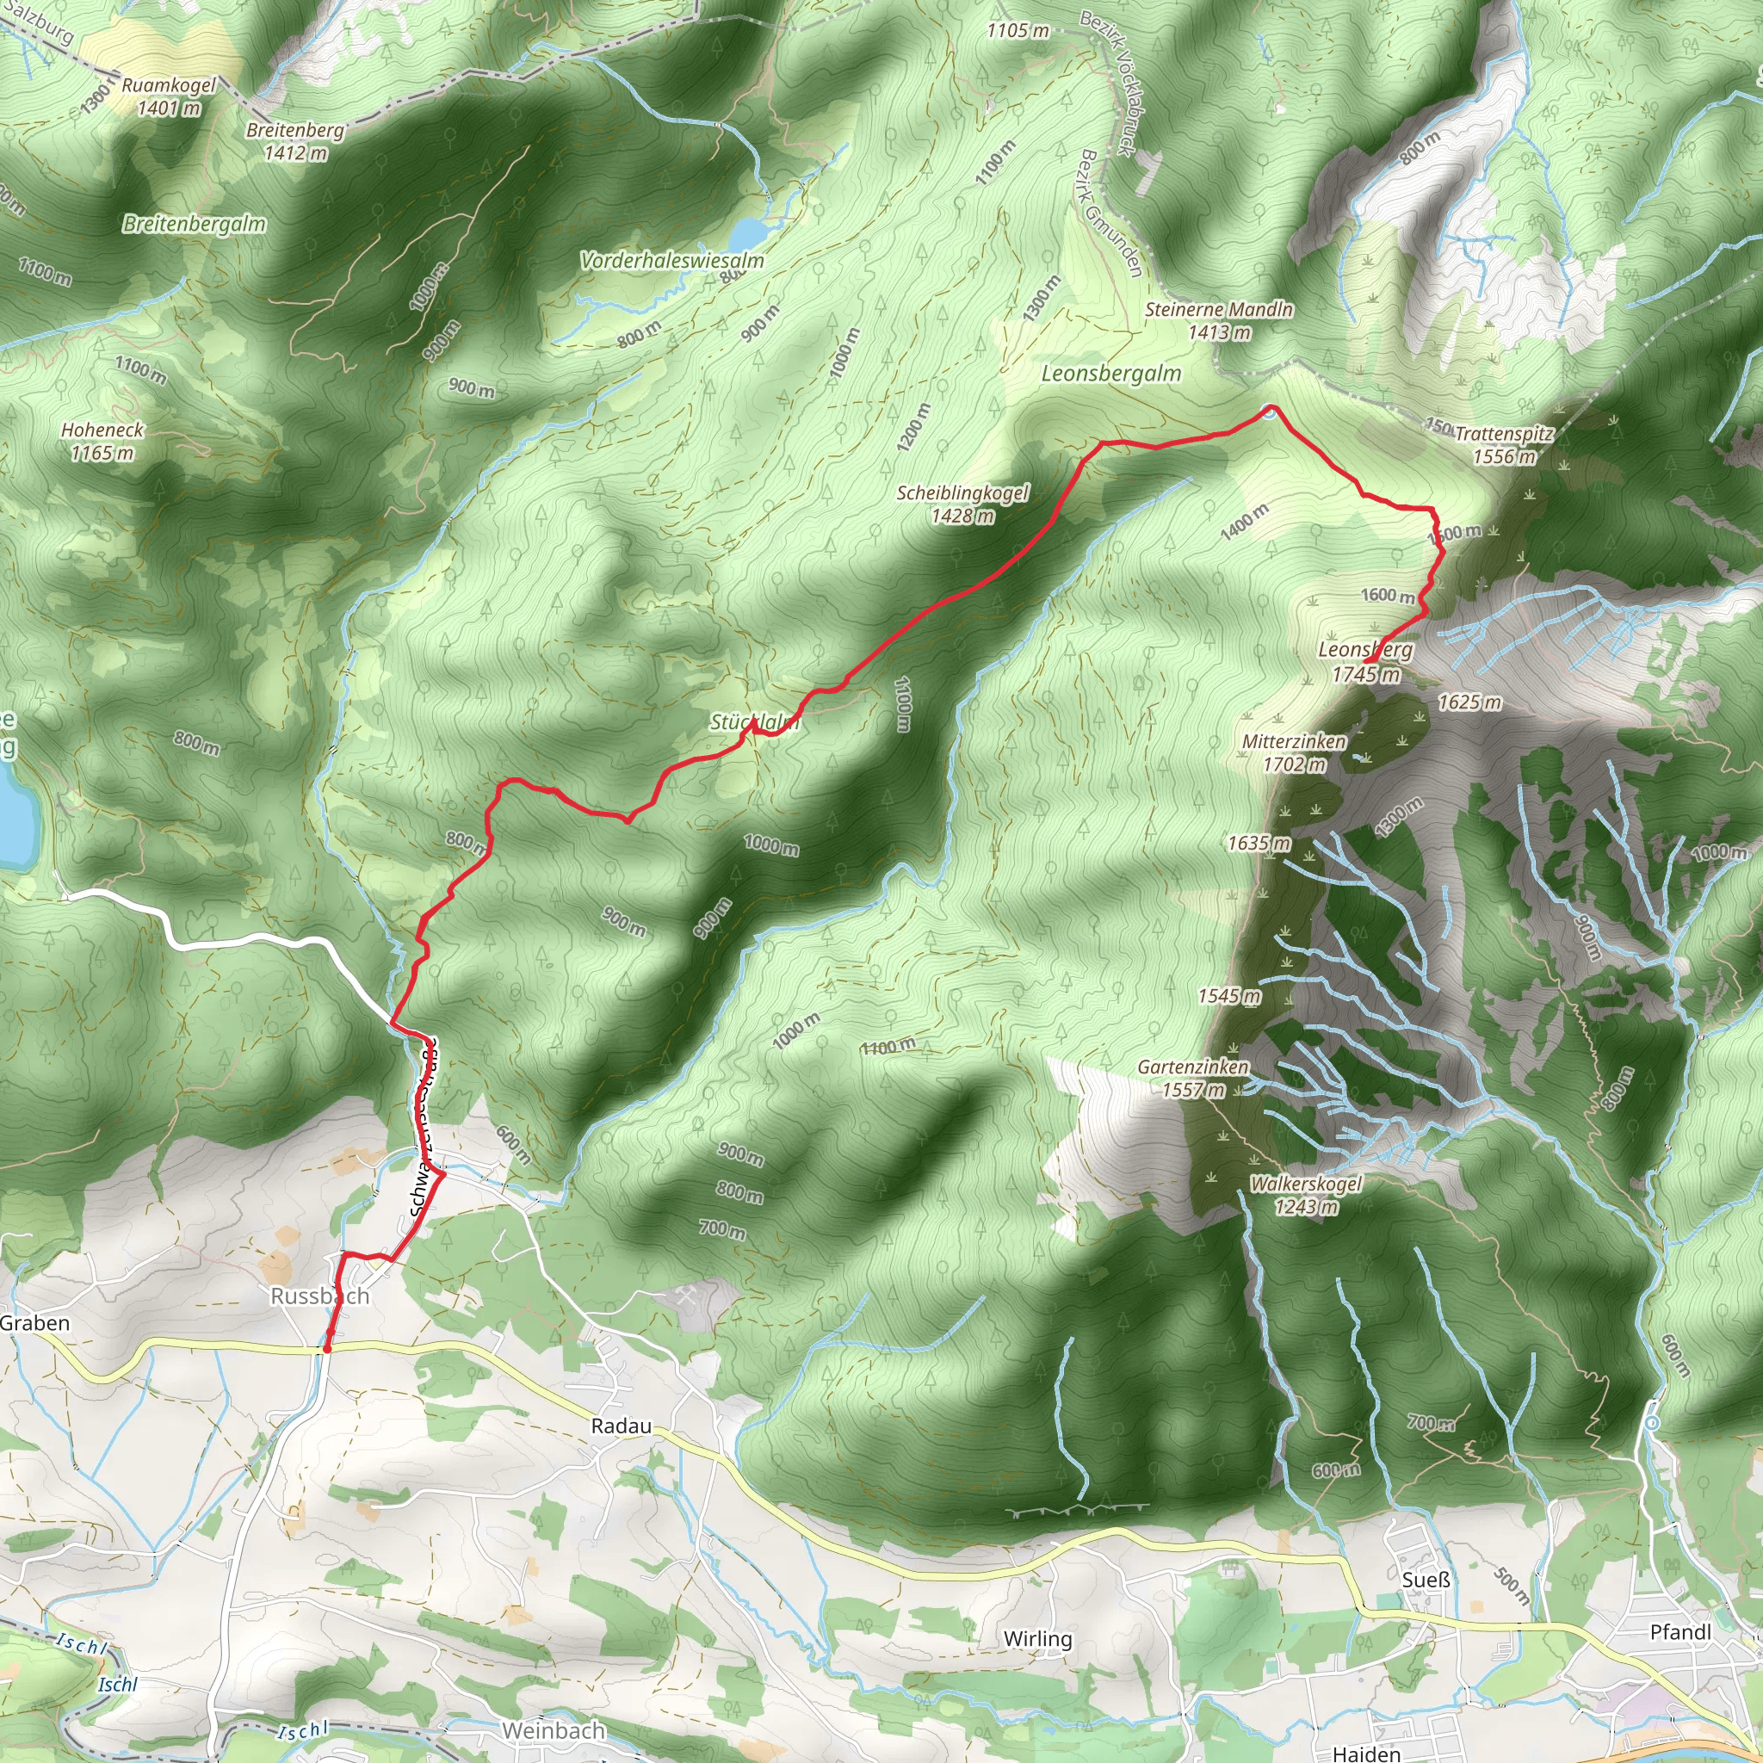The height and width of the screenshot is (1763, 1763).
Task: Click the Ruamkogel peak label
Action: [169, 96]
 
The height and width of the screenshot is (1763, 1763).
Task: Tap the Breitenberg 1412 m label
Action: [295, 141]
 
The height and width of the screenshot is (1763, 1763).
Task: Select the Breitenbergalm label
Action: [195, 225]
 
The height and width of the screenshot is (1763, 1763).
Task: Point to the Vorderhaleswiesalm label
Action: [672, 261]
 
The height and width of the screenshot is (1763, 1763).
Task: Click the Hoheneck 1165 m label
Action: [102, 441]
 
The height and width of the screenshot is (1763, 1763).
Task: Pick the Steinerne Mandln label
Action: [1219, 320]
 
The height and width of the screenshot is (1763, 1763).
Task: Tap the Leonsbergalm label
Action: [1111, 374]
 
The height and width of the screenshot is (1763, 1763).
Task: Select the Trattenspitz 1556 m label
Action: [1504, 444]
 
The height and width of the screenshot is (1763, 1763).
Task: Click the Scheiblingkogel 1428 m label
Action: [962, 504]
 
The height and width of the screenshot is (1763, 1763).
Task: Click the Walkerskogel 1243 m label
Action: [1306, 1195]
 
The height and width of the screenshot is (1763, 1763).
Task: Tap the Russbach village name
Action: [320, 1296]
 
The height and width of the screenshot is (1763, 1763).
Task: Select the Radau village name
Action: [622, 1426]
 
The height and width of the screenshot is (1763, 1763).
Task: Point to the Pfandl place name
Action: [1681, 1631]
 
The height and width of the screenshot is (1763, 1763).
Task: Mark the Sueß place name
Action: [1426, 1580]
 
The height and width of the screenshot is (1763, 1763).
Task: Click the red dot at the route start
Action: [326, 1348]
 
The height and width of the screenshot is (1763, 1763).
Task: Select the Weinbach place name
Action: [554, 1730]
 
